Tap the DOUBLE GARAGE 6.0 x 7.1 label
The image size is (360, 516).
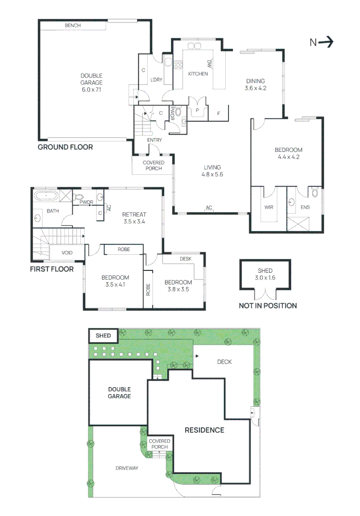(91, 83)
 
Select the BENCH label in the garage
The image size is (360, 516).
(73, 25)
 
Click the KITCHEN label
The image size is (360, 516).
(197, 74)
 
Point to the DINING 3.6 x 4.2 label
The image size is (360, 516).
(255, 85)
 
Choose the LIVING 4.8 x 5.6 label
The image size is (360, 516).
(212, 171)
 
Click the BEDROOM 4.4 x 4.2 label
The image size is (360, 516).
(288, 153)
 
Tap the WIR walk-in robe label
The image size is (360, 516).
(268, 208)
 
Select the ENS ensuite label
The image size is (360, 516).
(304, 208)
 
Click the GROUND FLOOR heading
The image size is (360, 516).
(65, 147)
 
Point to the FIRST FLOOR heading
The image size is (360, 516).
(52, 269)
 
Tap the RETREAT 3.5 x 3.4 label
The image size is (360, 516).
(134, 218)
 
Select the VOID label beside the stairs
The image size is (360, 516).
(67, 252)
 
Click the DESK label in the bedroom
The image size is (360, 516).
(185, 258)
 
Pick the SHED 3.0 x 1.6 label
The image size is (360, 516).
(265, 274)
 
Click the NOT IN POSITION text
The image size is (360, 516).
(268, 306)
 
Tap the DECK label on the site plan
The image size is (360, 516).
(224, 362)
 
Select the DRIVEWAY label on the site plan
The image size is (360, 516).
(127, 468)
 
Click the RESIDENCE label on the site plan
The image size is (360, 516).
(204, 430)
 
